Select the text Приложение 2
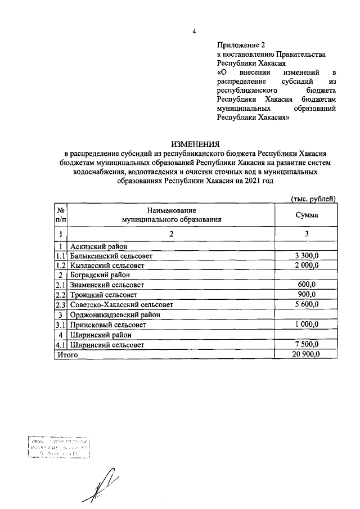[x=240, y=44]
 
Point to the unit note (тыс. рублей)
[x=313, y=199]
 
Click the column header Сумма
[x=307, y=215]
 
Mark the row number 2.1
[x=60, y=285]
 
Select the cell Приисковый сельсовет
[x=107, y=325]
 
